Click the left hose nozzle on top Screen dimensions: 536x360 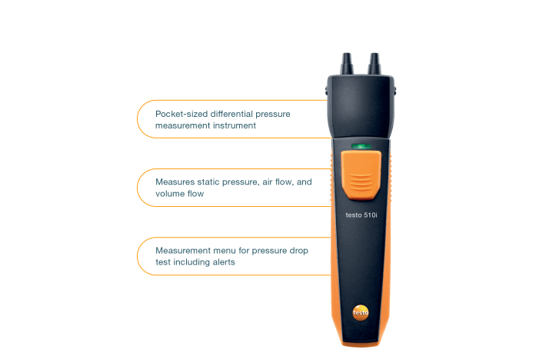(x=346, y=63)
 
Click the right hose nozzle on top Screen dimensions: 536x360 (x=374, y=63)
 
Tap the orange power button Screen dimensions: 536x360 (x=361, y=175)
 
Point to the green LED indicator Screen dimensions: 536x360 (x=361, y=146)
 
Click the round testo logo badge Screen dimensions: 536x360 (x=361, y=312)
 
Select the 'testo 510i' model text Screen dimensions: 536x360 (x=361, y=215)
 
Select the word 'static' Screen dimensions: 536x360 (x=208, y=182)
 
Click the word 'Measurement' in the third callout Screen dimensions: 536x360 (x=183, y=251)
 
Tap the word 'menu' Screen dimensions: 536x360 (x=225, y=251)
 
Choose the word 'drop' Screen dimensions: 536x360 (x=299, y=251)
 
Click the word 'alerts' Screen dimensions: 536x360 (x=224, y=262)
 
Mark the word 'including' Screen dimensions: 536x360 (x=191, y=262)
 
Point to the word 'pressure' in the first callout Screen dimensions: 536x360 (x=273, y=114)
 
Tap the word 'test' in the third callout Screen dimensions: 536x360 (x=163, y=262)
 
